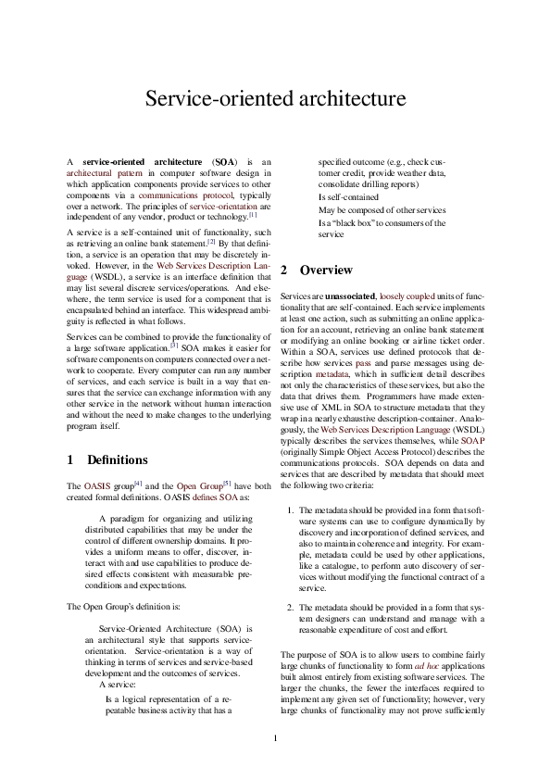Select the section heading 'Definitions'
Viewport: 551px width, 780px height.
click(x=117, y=459)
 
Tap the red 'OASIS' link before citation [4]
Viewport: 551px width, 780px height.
click(x=96, y=485)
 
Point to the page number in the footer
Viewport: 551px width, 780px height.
click(x=275, y=738)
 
